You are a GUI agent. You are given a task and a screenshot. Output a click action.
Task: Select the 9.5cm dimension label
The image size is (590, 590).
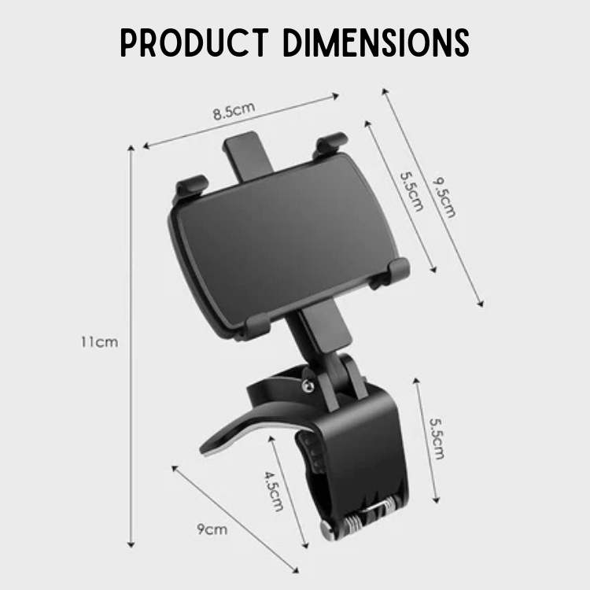click(444, 197)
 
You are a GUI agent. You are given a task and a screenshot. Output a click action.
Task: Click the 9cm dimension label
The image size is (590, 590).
click(212, 529)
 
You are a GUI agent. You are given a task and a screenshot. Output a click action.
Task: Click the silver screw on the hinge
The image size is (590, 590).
click(307, 385)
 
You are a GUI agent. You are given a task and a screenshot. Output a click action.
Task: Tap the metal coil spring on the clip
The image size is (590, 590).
click(365, 517)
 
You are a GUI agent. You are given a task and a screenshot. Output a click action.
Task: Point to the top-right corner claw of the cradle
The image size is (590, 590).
click(330, 146)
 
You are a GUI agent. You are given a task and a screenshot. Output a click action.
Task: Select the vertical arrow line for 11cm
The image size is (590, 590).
click(131, 346)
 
